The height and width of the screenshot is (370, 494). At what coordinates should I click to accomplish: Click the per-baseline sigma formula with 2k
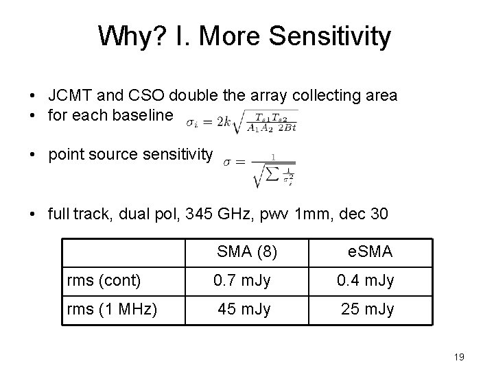pyautogui.click(x=242, y=123)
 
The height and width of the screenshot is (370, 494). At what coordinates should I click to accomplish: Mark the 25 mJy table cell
pyautogui.click(x=368, y=310)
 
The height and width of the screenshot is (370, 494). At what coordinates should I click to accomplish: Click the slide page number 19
pyautogui.click(x=460, y=356)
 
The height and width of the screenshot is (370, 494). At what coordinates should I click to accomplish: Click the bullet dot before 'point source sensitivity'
pyautogui.click(x=33, y=155)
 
